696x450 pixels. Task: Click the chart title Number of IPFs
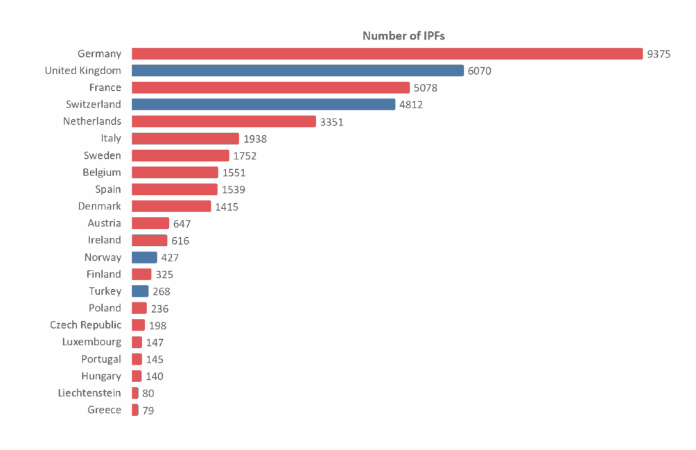(403, 36)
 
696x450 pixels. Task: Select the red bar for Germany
(387, 53)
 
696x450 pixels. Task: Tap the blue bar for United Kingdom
(297, 71)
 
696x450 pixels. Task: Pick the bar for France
(270, 87)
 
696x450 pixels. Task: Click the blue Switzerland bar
(263, 105)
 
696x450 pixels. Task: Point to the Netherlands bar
(223, 121)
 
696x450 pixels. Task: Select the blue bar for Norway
(143, 257)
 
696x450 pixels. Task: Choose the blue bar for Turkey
(139, 291)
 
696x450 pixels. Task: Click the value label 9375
(658, 54)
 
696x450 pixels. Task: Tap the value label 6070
(479, 71)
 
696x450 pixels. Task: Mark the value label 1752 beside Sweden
(244, 156)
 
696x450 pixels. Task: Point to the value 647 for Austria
(182, 223)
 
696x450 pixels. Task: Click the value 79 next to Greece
(148, 410)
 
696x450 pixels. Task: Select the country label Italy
(110, 139)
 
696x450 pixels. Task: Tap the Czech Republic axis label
(85, 325)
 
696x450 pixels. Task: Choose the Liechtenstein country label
(89, 393)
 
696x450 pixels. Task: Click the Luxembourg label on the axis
(92, 342)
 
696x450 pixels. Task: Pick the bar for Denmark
(171, 207)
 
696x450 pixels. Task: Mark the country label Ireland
(104, 240)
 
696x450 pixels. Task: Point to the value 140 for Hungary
(155, 377)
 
